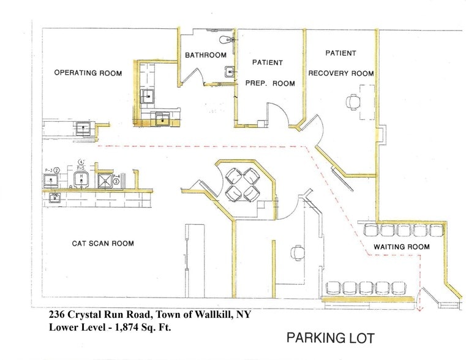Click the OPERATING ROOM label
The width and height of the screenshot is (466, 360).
coord(88,73)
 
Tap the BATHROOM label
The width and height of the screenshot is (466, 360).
coord(206,55)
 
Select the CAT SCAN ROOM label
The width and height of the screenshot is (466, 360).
coord(103,243)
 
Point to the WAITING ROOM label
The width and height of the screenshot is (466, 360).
coord(402,247)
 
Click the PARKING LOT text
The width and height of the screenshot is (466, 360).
coord(330,337)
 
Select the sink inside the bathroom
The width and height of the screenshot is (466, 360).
coord(229,72)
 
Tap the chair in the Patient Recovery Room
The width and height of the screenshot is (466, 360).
coord(353,102)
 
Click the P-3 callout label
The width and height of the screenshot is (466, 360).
coord(47,170)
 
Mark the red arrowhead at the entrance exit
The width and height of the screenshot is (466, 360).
coord(419,309)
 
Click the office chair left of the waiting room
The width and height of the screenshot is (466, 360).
coord(298,252)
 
